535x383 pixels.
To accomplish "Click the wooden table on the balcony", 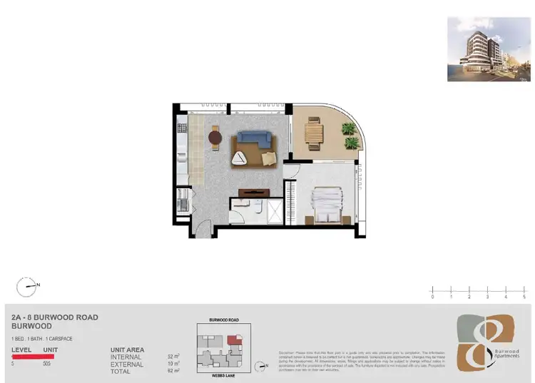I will click(313, 133).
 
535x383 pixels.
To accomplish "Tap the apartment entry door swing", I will click(203, 229).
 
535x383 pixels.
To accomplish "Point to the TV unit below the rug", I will click(253, 191).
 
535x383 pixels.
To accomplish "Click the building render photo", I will click(489, 48).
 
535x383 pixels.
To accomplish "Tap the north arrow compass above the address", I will click(26, 287).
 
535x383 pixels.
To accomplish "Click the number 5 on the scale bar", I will click(524, 296).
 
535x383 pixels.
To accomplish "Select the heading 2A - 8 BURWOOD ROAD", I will click(55, 317).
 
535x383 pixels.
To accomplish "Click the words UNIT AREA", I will click(128, 349).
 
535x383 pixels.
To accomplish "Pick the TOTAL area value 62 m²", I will click(173, 371).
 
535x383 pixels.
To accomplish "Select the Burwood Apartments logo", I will click(485, 341).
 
